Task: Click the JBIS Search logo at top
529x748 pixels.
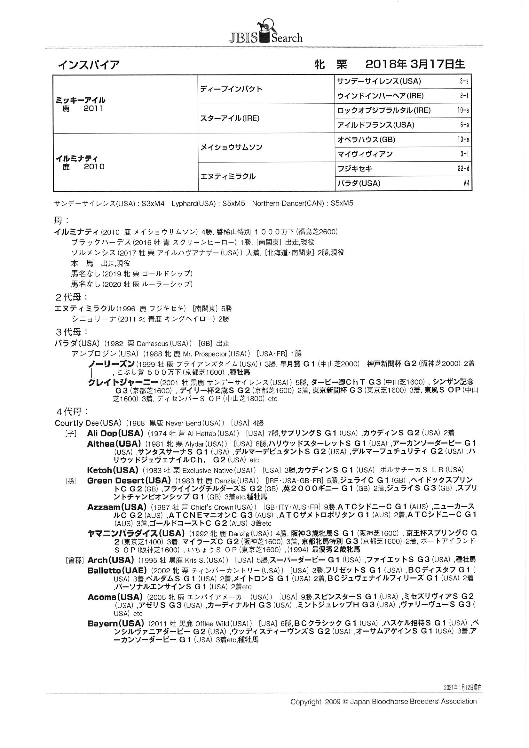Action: point(265,34)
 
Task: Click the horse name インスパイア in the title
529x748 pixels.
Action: point(89,65)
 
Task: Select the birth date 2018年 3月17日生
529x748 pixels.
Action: point(415,64)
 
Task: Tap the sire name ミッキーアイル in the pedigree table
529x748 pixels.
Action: point(81,100)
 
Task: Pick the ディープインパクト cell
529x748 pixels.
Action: point(231,89)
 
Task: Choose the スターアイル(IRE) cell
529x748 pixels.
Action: point(230,118)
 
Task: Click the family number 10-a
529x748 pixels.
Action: point(463,110)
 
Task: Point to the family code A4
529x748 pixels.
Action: point(466,183)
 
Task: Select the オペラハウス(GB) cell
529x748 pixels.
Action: point(366,140)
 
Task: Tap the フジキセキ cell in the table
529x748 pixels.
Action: point(354,169)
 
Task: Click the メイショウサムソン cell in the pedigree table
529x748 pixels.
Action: point(231,147)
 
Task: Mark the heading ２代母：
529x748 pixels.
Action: point(71,298)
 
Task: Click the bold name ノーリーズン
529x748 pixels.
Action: point(111,364)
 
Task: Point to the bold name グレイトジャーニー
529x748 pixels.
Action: point(123,382)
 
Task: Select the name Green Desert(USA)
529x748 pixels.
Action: point(129,481)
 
